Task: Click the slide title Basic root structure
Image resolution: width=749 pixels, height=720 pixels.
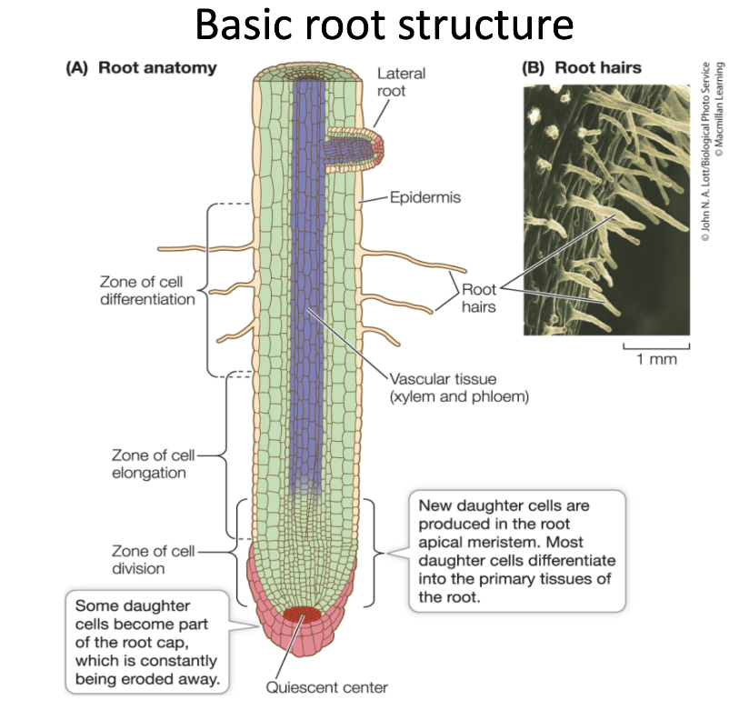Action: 383,26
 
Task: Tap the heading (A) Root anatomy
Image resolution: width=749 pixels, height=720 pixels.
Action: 139,67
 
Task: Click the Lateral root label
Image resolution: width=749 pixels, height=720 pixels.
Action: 400,82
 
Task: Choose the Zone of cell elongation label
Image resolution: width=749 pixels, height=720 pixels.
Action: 148,463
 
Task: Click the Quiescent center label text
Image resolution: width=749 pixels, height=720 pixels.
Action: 326,686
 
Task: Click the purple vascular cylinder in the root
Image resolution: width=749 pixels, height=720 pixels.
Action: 309,273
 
